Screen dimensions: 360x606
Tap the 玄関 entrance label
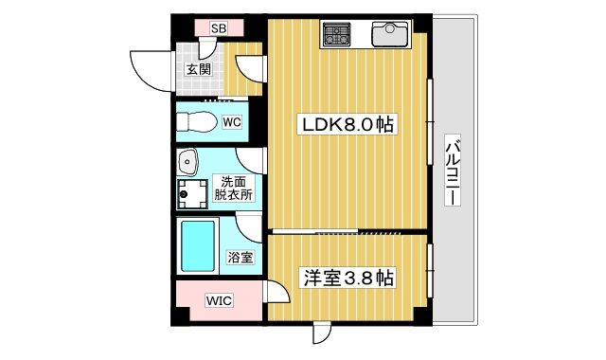(198, 69)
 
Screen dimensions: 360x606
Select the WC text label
(232, 121)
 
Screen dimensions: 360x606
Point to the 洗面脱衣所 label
(232, 188)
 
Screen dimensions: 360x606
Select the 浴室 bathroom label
(241, 257)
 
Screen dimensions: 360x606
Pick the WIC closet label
(220, 301)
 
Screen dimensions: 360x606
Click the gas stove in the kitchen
(337, 36)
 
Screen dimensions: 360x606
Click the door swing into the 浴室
(249, 226)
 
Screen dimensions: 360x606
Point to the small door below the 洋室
(321, 333)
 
